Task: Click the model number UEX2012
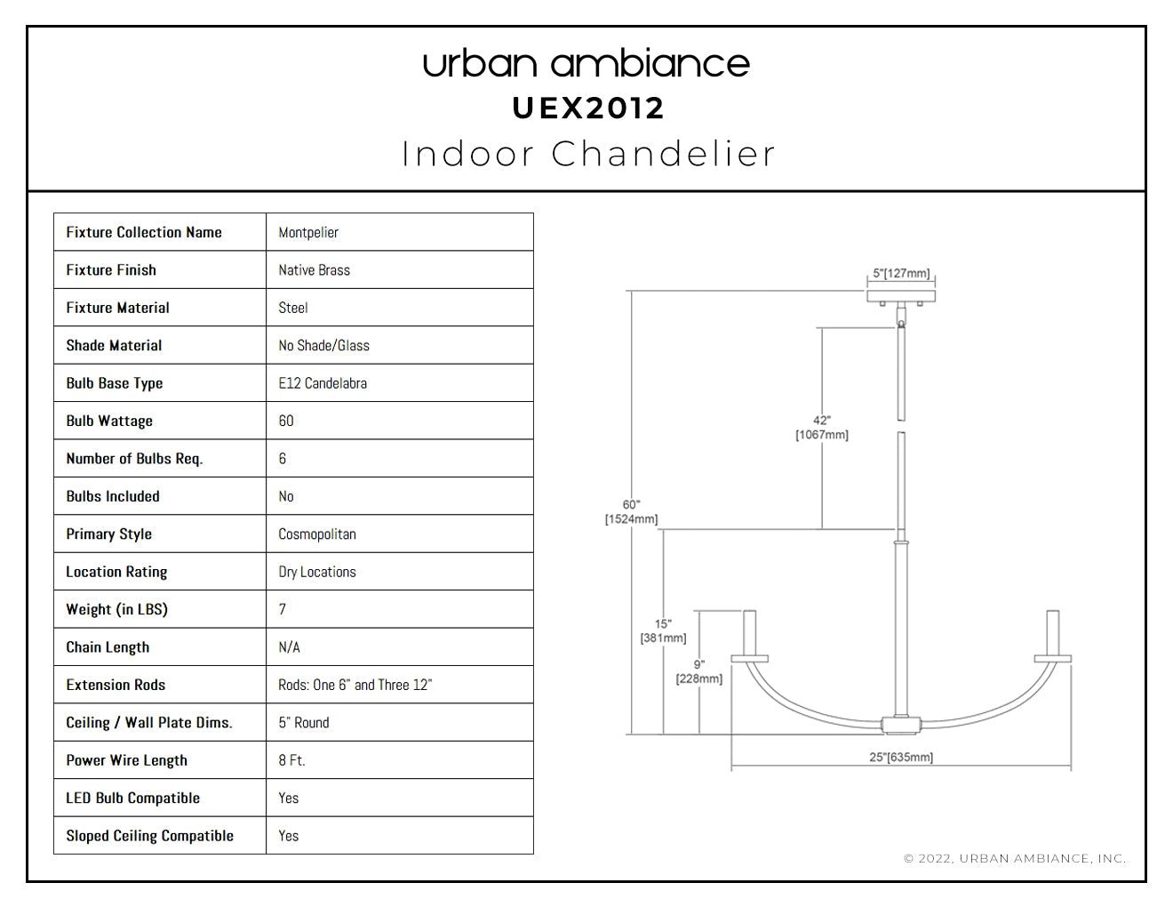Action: (x=587, y=108)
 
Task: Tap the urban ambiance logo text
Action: (x=586, y=63)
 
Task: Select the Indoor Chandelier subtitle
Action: (x=588, y=154)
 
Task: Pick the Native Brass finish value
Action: (x=315, y=270)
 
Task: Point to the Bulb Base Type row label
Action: (x=115, y=383)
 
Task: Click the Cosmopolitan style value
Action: (x=317, y=534)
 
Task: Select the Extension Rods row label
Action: (x=116, y=685)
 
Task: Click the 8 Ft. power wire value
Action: (x=291, y=760)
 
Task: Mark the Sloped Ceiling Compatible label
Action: (x=149, y=836)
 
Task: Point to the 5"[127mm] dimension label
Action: (x=901, y=273)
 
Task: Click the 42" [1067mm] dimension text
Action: (x=822, y=428)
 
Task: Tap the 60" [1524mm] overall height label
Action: (x=631, y=512)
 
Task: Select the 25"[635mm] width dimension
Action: (x=901, y=758)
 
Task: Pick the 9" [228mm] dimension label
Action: (x=699, y=672)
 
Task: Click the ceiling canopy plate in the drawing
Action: (x=901, y=296)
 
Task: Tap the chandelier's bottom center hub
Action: (x=901, y=725)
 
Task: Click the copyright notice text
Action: (x=1015, y=858)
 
